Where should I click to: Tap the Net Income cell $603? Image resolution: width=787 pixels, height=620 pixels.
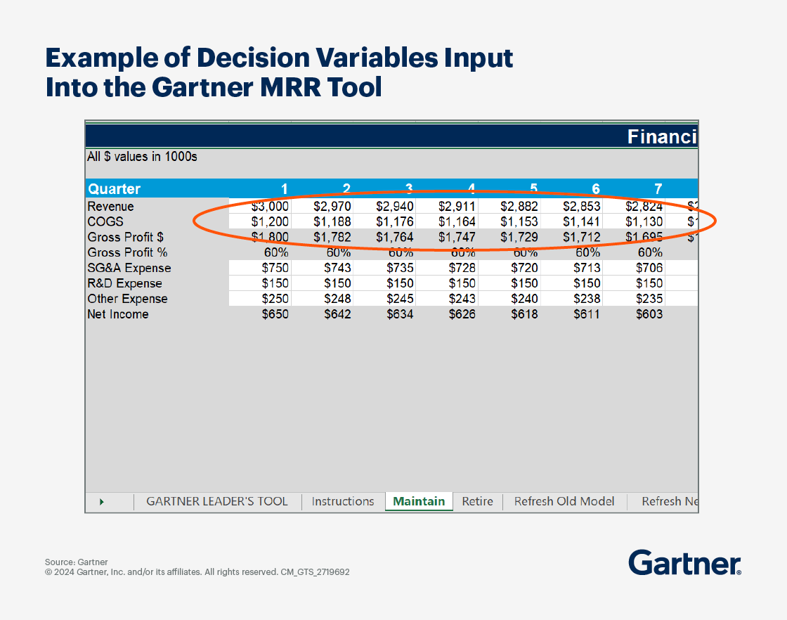(x=649, y=314)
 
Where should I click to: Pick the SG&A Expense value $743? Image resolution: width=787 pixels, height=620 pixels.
(x=337, y=268)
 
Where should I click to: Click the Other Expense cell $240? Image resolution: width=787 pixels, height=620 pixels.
(x=524, y=299)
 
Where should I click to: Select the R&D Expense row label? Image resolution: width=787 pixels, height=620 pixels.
(x=124, y=283)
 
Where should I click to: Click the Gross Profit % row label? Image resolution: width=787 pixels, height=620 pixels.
(x=127, y=252)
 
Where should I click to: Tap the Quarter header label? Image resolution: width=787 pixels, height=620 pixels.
(x=114, y=189)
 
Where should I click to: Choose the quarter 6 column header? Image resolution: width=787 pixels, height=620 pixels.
(x=596, y=189)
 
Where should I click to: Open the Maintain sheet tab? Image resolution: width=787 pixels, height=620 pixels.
(x=419, y=501)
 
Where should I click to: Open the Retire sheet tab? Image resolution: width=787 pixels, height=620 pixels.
(x=477, y=501)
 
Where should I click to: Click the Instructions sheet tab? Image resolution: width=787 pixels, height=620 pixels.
(x=343, y=501)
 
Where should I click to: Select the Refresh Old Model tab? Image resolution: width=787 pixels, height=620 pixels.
(x=564, y=501)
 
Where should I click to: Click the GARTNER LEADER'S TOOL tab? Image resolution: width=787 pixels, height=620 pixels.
(x=217, y=501)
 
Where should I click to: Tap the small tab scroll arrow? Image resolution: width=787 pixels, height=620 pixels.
(x=102, y=502)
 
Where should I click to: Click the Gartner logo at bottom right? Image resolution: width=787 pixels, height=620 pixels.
(x=684, y=563)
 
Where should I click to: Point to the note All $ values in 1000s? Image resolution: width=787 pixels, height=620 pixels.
(x=142, y=157)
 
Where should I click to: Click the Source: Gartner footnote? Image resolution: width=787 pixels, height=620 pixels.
(x=77, y=562)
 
